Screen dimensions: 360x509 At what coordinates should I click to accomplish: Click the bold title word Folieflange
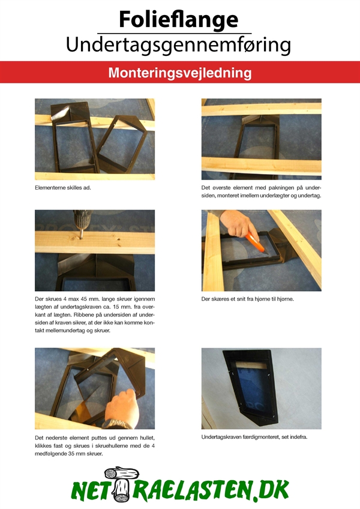[x=179, y=20]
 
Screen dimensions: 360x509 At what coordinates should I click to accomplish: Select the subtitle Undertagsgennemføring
[x=178, y=45]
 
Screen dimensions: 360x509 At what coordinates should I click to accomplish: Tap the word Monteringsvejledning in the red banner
[x=180, y=73]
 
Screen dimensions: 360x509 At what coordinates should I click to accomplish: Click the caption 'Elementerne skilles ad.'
[x=63, y=188]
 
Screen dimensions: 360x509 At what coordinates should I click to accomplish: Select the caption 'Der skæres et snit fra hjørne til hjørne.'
[x=247, y=299]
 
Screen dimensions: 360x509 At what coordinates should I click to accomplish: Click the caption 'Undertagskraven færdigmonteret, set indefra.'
[x=254, y=437]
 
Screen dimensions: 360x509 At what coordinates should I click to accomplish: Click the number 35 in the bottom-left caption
[x=71, y=454]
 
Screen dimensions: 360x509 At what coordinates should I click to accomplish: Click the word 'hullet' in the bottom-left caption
[x=147, y=438]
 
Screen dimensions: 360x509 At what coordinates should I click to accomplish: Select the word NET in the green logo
[x=89, y=490]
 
